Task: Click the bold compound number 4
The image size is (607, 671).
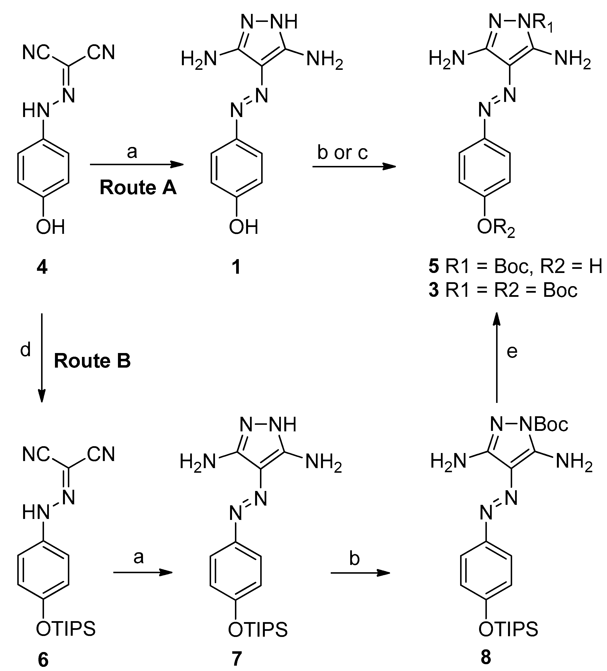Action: tap(42, 267)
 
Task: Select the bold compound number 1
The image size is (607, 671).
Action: tap(236, 267)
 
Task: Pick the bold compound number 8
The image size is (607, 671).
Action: tap(486, 657)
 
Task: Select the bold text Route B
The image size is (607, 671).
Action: tap(92, 361)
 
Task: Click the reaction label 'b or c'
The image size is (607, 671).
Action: tap(342, 153)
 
